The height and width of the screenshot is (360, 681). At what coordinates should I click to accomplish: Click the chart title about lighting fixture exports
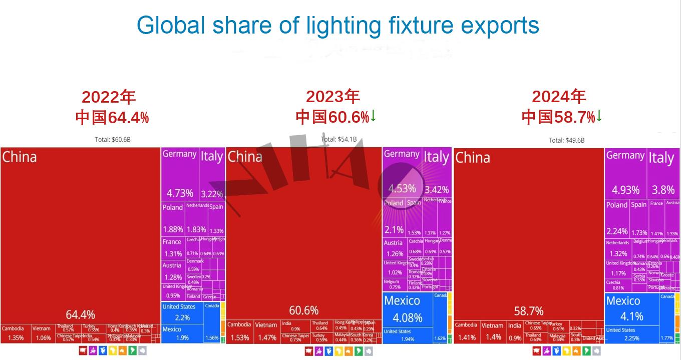click(x=337, y=25)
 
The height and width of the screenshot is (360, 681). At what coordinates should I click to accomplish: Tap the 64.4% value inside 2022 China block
click(x=81, y=314)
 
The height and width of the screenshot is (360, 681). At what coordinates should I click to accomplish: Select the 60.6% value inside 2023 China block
click(x=304, y=310)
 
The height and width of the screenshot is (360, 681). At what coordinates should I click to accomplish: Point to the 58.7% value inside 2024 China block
click(x=529, y=311)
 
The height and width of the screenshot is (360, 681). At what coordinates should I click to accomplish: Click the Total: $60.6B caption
click(x=113, y=139)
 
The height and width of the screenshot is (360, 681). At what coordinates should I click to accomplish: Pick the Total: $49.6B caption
click(x=566, y=140)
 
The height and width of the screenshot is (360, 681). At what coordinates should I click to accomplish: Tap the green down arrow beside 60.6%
click(x=374, y=116)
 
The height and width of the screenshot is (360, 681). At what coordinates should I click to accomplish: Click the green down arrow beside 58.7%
click(x=599, y=116)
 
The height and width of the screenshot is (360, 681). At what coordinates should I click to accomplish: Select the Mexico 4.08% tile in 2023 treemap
click(x=407, y=309)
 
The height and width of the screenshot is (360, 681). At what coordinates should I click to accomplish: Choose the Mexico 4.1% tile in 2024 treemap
click(x=631, y=308)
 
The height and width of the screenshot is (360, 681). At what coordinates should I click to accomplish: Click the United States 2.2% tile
click(x=182, y=312)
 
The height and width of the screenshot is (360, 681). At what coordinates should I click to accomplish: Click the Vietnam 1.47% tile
click(x=265, y=332)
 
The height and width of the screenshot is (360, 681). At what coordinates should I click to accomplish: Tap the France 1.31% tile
click(x=173, y=248)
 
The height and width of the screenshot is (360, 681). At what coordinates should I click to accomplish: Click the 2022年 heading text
click(x=109, y=97)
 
